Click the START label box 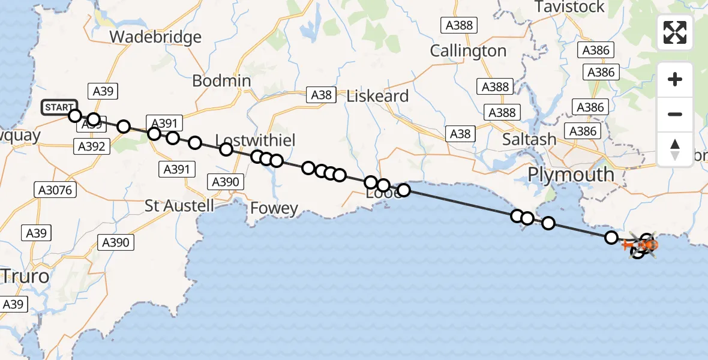[59, 108]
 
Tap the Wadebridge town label [155, 37]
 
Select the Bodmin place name [222, 81]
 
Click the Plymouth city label [571, 175]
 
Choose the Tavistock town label [569, 7]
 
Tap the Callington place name [468, 51]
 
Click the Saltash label [529, 139]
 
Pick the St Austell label [179, 206]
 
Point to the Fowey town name [274, 208]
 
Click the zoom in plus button [675, 80]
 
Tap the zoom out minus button [675, 114]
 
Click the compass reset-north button [675, 149]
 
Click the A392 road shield [91, 146]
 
